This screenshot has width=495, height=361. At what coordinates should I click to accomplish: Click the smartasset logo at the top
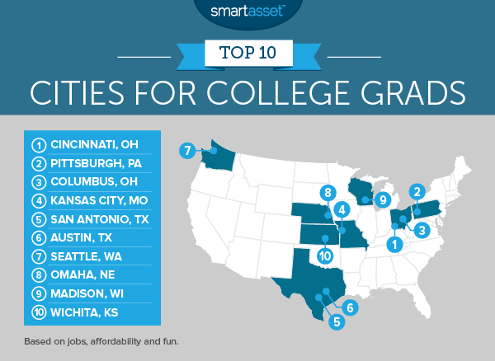247,12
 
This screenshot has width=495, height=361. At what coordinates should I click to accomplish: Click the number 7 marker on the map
187,151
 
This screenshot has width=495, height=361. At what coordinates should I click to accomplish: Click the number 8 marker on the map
328,193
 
